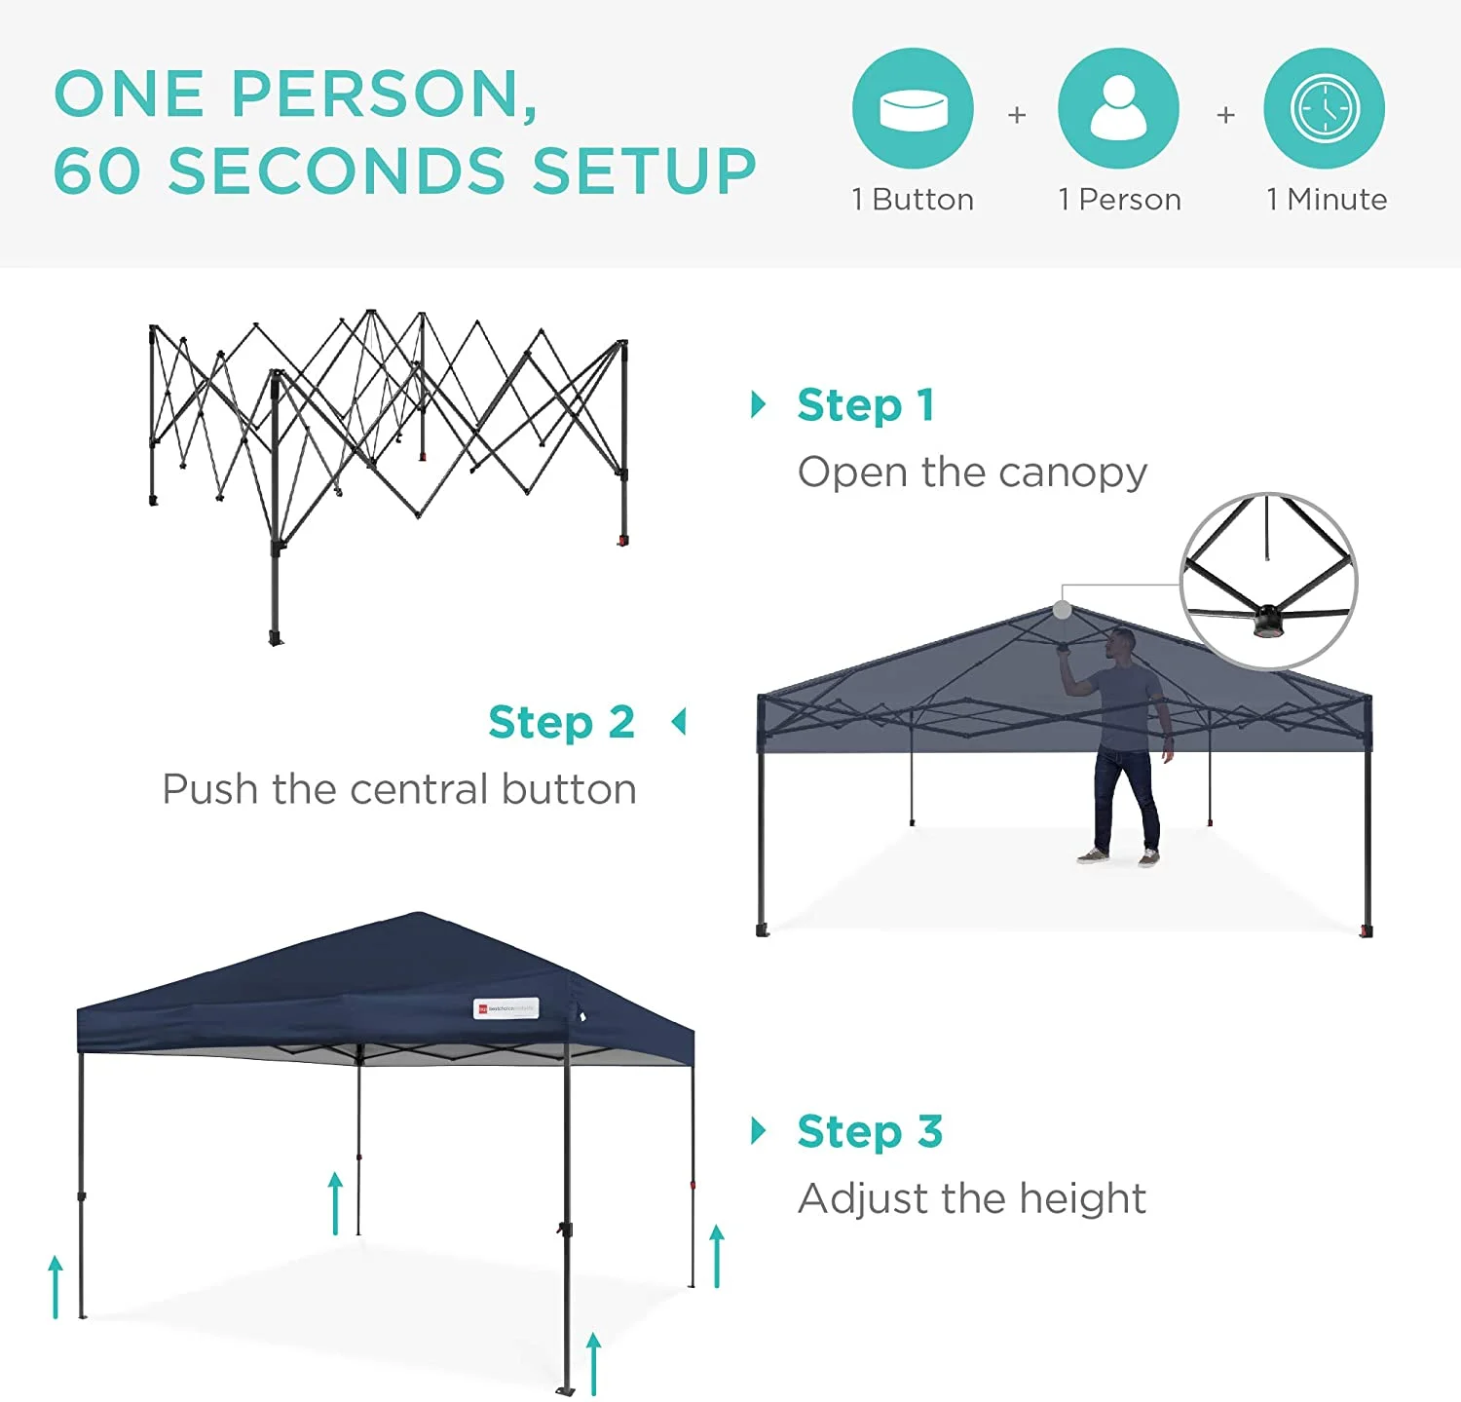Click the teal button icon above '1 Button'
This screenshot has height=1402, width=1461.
point(913,108)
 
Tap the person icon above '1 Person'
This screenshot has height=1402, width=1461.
point(1118,108)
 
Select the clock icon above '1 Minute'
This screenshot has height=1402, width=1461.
point(1324,108)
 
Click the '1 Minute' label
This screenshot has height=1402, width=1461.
point(1327,200)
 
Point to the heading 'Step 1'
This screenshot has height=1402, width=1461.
point(866,405)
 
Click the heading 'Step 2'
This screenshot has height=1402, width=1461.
point(561,723)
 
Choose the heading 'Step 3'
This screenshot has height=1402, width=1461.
point(870,1132)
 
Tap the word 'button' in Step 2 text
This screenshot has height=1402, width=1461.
point(569,789)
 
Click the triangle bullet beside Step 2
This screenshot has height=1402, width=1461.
point(679,722)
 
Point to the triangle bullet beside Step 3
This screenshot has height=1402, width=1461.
point(758,1131)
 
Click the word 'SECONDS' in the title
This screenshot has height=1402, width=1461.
point(337,171)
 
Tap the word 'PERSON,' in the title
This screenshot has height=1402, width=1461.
point(384,95)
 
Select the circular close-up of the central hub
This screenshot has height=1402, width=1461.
point(1268,581)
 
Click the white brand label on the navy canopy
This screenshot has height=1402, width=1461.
point(506,1008)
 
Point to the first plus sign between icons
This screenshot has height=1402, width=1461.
point(1017,115)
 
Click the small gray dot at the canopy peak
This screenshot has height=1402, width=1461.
point(1063,610)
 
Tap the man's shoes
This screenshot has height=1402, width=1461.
point(1120,857)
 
